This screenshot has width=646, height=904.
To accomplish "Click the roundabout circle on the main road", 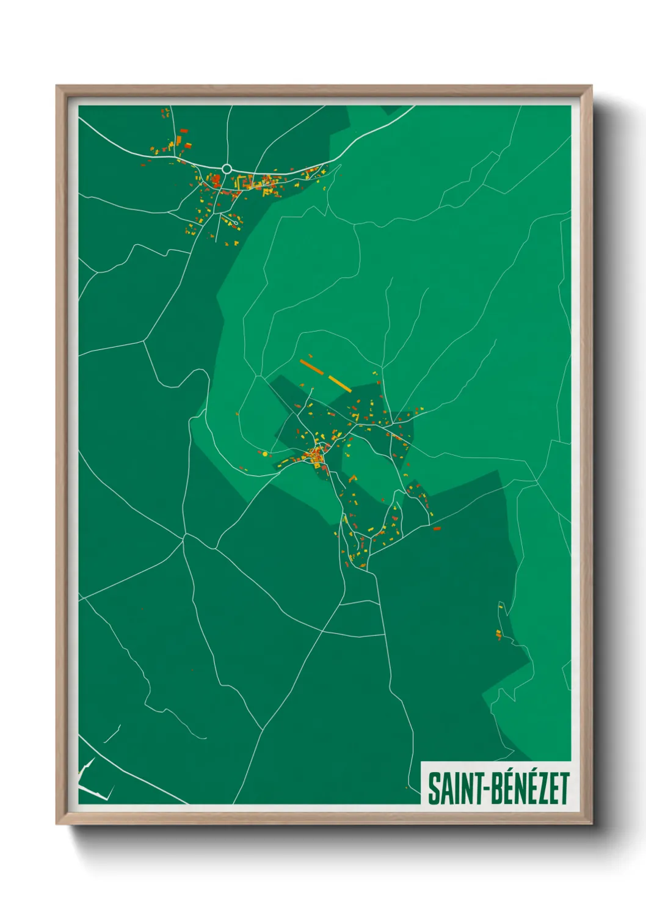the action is (x=227, y=169).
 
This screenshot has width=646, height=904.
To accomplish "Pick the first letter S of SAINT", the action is (x=433, y=789).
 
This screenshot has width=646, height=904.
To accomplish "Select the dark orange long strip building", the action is (x=311, y=366).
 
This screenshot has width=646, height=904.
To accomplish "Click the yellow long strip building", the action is (x=339, y=384).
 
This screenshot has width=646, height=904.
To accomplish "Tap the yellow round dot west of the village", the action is (x=264, y=454).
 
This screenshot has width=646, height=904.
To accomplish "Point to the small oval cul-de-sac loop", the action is (x=234, y=223).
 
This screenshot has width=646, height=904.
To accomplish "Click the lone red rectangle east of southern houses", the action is (x=437, y=528).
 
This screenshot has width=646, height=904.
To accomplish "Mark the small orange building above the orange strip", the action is (x=310, y=354).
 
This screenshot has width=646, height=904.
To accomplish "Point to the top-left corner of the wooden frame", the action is (x=57, y=86).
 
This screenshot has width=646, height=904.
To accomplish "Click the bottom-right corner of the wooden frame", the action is (x=591, y=824).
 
